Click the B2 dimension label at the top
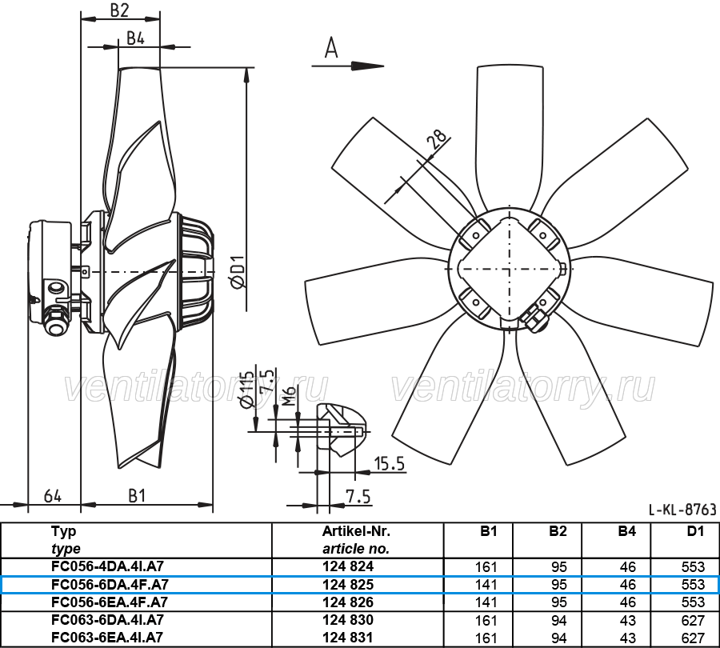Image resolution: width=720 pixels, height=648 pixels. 119,10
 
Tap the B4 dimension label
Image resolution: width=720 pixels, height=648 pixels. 135,38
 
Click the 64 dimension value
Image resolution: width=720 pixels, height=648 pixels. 53,496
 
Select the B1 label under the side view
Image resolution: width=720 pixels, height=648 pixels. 137,496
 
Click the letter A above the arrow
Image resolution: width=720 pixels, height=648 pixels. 331,48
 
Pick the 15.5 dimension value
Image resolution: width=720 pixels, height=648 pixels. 390,464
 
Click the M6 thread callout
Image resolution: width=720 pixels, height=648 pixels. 288,396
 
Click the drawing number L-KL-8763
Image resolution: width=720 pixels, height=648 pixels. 682,510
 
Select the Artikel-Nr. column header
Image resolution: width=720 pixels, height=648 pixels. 356,531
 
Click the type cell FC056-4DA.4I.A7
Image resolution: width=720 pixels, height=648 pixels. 107,566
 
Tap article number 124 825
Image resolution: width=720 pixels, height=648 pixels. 348,584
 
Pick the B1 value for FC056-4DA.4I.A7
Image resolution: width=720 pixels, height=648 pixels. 486,566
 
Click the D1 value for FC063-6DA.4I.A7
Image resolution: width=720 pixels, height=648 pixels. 694,621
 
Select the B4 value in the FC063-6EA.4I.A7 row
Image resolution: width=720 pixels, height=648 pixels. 628,638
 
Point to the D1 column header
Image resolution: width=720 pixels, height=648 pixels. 696,531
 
